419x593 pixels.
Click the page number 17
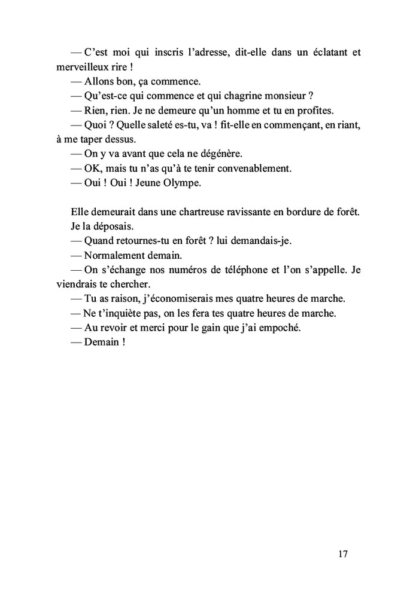click(x=343, y=553)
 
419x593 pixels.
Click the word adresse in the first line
click(x=206, y=52)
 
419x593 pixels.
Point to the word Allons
click(x=101, y=81)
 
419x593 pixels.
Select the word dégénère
click(x=218, y=154)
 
